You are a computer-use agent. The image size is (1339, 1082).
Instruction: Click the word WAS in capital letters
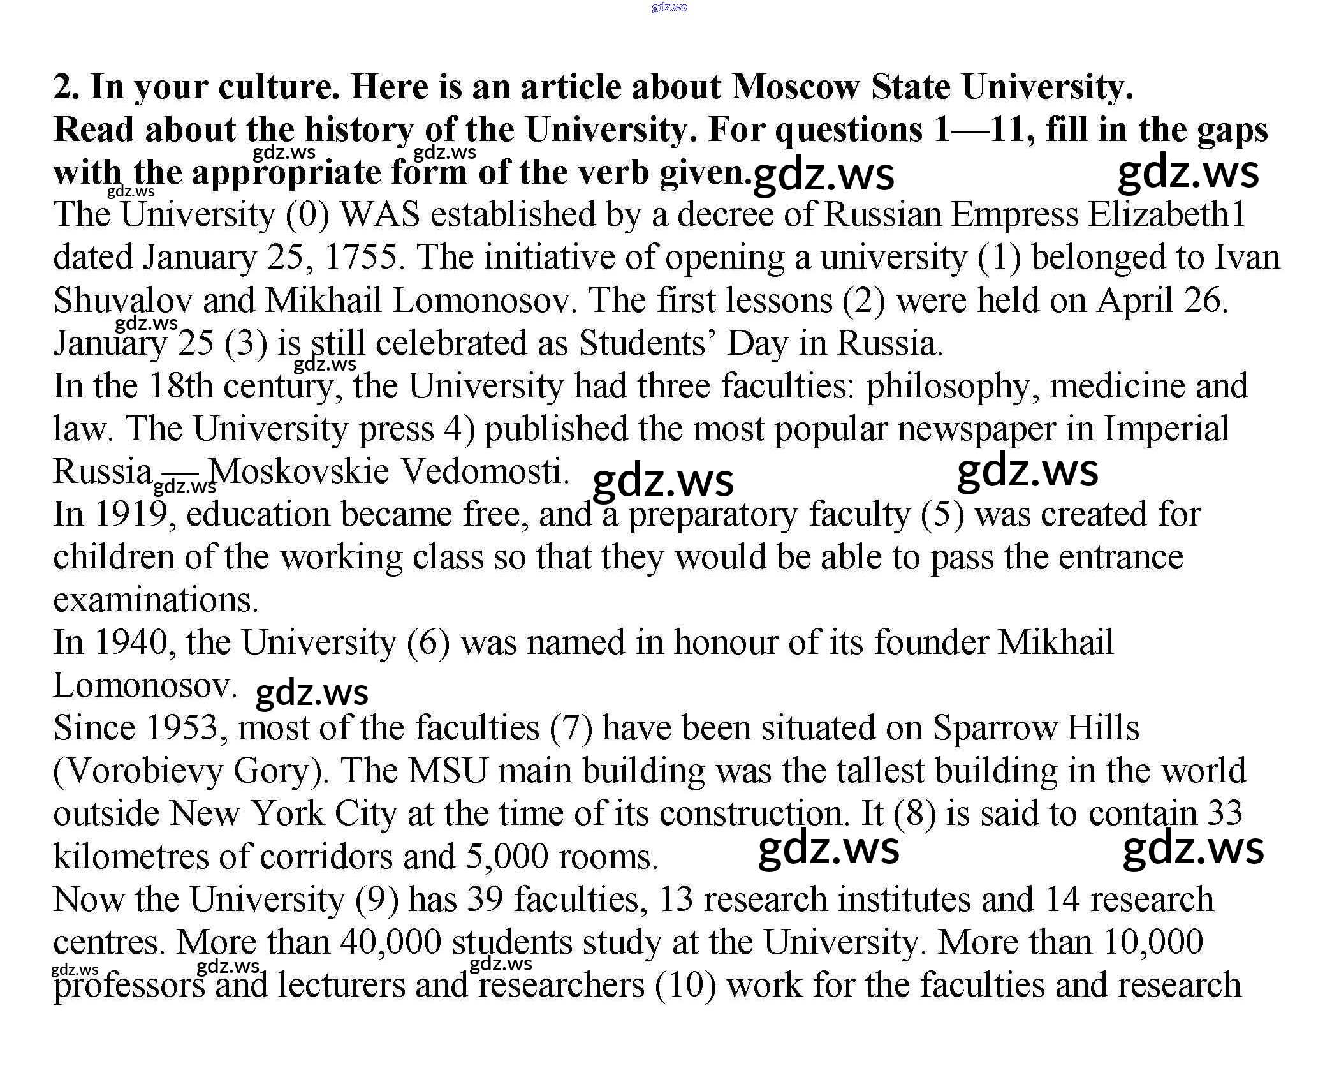point(381,215)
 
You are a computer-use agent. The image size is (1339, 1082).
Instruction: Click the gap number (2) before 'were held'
point(863,300)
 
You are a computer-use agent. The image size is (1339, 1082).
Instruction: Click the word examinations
point(156,600)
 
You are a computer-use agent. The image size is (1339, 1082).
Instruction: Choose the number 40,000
point(390,942)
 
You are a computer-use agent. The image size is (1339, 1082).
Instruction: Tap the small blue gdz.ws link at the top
point(669,7)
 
